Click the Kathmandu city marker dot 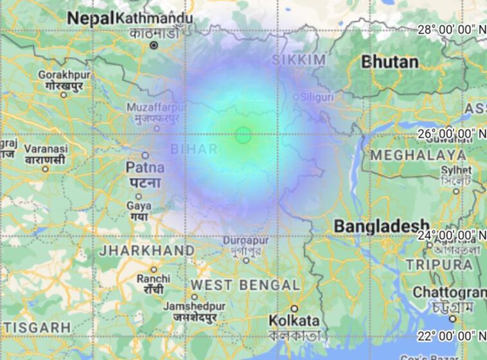click(154, 45)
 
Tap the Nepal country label click(91, 18)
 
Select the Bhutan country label click(390, 62)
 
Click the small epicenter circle click(243, 135)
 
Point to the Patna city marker click(145, 155)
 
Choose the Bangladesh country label click(381, 226)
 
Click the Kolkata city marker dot click(294, 308)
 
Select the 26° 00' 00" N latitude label click(452, 133)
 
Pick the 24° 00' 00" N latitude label click(452, 235)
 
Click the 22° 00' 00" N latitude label click(452, 335)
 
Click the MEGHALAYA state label click(418, 155)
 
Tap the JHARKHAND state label click(146, 250)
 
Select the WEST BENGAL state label click(245, 285)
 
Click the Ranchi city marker click(154, 269)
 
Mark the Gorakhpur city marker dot click(64, 94)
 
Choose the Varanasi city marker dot click(45, 169)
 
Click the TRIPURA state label click(439, 264)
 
